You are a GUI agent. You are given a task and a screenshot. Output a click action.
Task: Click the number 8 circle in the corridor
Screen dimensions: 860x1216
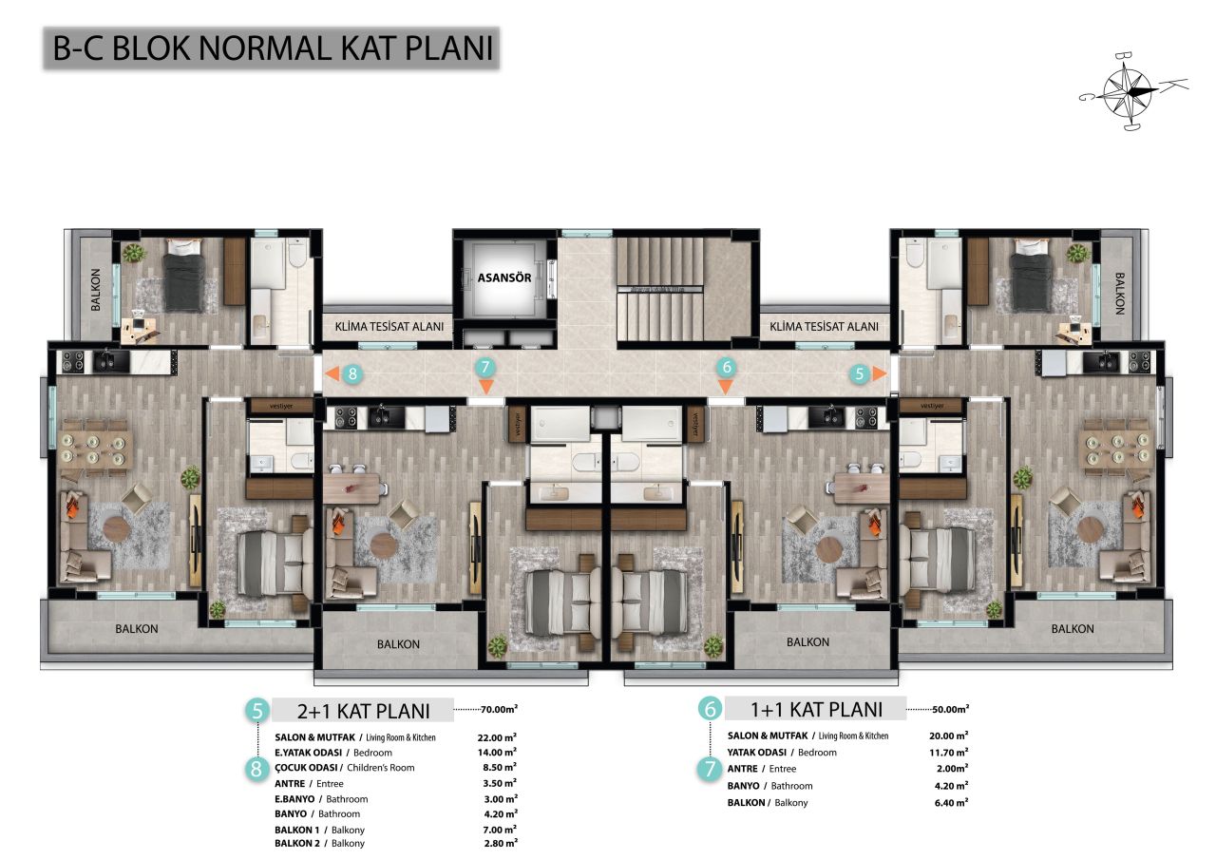point(352,373)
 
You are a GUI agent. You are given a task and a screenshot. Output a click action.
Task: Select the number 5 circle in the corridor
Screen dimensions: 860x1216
point(860,373)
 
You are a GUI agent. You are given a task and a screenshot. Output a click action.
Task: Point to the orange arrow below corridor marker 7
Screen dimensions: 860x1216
point(485,387)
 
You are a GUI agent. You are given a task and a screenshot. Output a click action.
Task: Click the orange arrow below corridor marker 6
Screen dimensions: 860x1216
point(726,387)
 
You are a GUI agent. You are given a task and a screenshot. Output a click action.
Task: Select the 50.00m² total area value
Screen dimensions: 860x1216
point(950,709)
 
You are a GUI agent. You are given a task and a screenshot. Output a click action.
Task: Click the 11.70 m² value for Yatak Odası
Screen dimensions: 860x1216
point(948,752)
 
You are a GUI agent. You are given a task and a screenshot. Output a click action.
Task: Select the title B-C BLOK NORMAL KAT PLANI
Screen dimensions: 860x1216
point(273,49)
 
